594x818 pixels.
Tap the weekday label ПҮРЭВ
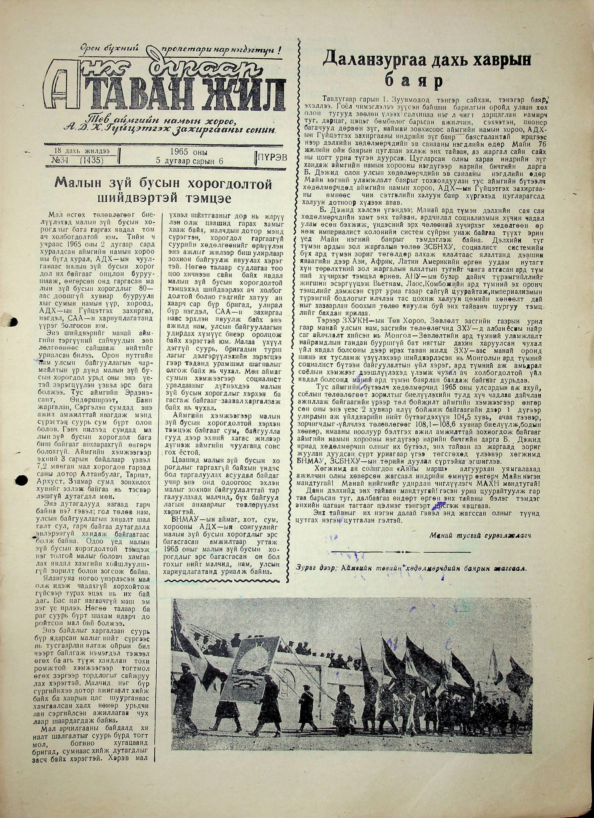273,157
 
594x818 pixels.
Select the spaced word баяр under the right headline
416,81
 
